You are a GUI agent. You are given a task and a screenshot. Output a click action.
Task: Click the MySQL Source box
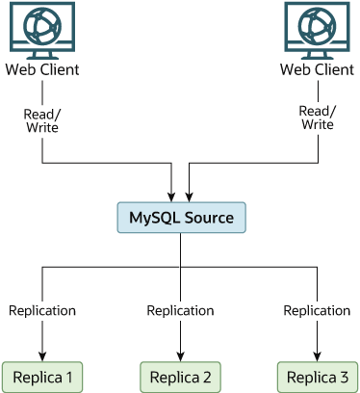181,218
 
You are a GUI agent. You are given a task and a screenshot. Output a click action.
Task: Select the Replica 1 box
42,375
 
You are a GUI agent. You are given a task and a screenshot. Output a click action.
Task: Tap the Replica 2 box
181,375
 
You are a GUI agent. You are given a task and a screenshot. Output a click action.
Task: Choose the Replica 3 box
318,375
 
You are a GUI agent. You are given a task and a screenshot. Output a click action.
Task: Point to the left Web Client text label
42,70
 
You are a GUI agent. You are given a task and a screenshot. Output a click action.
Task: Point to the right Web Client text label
317,70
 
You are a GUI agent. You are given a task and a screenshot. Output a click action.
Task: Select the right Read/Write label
317,118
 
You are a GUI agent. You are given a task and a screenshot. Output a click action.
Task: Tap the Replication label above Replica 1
42,310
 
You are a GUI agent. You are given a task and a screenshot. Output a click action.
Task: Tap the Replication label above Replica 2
180,310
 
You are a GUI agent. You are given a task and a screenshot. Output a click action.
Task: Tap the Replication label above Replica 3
317,310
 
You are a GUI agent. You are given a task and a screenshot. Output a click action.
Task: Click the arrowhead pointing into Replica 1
42,354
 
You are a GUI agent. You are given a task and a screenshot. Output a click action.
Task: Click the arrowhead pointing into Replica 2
181,354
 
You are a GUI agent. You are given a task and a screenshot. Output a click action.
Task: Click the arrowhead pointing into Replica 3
318,354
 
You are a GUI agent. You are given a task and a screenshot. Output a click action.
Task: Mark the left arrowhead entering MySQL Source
172,196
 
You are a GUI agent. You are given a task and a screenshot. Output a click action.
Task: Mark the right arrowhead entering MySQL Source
189,196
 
